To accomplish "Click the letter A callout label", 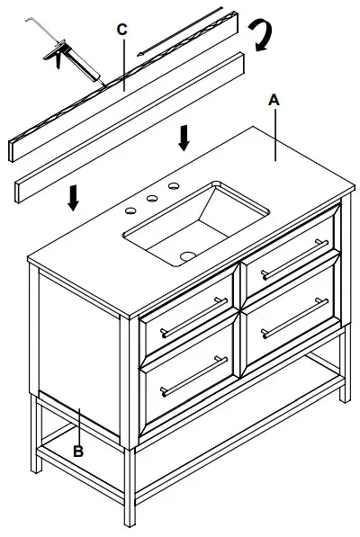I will [274, 102].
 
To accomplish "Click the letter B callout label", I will [78, 452].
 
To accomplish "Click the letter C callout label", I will [121, 29].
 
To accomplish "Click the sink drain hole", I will [187, 255].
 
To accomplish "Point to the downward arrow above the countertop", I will [184, 138].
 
